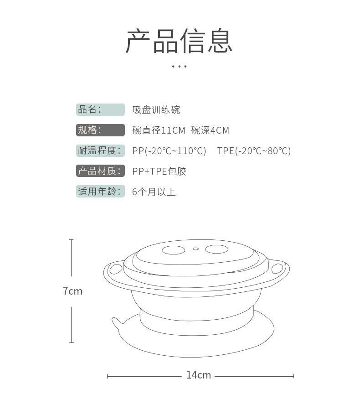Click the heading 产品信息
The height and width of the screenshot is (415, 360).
coord(179,41)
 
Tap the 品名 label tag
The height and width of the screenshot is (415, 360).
coord(100,109)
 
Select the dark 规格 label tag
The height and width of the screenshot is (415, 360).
coord(100,130)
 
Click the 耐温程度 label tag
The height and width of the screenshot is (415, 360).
coord(100,150)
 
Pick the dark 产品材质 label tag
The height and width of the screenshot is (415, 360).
coord(100,171)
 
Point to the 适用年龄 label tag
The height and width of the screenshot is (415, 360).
coord(100,192)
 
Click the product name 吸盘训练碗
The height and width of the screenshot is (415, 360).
coord(156,110)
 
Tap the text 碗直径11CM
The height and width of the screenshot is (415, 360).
coord(159,130)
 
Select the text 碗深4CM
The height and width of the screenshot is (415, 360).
coord(210,130)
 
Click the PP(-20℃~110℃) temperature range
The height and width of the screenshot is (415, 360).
coord(169,151)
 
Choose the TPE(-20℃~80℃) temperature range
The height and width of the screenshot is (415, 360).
coord(254,151)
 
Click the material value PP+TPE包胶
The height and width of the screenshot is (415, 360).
coord(159,171)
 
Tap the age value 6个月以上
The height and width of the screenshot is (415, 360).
coord(154,192)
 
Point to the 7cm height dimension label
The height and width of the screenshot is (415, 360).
coord(73,291)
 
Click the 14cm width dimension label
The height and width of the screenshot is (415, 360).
coord(199,375)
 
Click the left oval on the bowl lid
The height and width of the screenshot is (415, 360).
coord(174,250)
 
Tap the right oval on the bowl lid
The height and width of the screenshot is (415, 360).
coord(216,249)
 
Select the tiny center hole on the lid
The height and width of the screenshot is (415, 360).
coord(195,249)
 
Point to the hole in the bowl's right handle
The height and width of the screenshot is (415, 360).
coord(277,269)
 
